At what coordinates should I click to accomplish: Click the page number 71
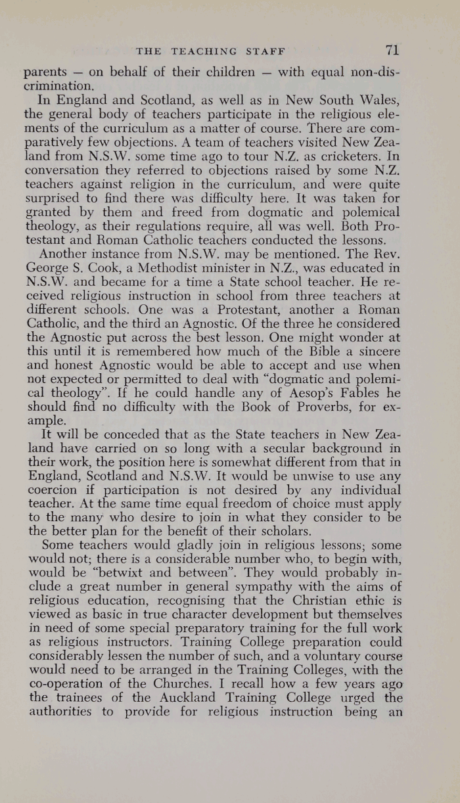click(393, 50)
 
